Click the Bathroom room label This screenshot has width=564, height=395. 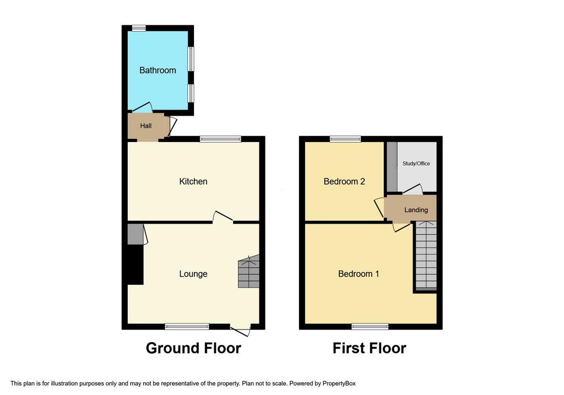click(158, 70)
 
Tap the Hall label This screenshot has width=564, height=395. click(145, 126)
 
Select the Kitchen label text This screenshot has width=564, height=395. click(193, 181)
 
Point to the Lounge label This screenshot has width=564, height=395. click(193, 274)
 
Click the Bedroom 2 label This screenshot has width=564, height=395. click(344, 181)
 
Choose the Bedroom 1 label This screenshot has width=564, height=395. click(359, 274)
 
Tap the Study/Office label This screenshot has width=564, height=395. click(416, 163)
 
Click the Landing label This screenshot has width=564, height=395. click(416, 210)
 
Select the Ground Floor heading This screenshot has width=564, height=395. click(193, 348)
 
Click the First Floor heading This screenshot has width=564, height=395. click(370, 348)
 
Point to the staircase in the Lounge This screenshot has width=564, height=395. click(248, 271)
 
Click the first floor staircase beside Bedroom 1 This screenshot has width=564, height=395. click(426, 256)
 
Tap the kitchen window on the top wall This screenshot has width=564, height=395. click(220, 139)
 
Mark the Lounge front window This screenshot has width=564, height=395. click(187, 327)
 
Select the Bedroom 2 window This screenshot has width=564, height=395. click(346, 139)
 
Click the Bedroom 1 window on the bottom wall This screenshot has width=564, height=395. click(370, 327)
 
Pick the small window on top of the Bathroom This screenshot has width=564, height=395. click(139, 28)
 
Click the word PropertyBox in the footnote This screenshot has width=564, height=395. click(339, 383)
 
